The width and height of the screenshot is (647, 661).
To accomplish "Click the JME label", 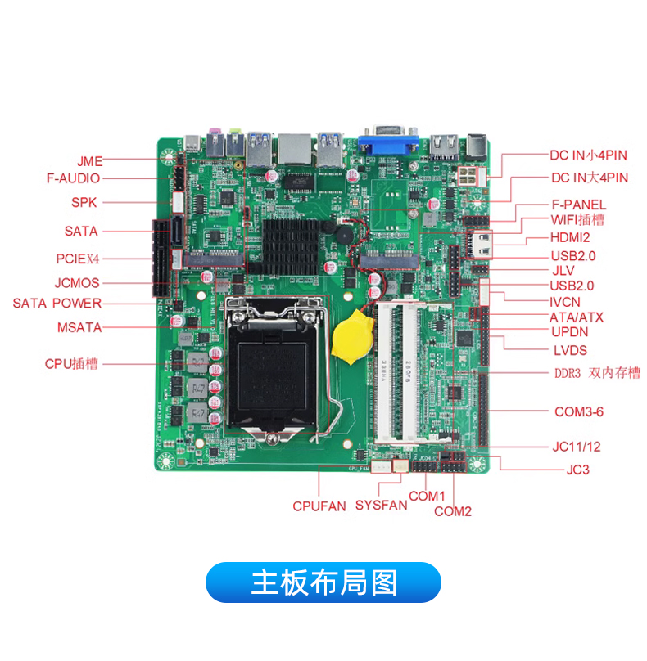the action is pos(89,161).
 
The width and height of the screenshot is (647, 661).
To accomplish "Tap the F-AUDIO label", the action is pos(73,178).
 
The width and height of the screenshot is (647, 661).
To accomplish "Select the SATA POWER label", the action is pos(57,304).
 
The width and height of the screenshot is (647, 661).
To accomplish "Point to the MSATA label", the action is pos(79,327).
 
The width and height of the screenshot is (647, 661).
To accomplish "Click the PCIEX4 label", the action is pos(78,259).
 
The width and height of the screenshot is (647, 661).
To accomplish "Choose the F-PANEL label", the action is pos(579,205).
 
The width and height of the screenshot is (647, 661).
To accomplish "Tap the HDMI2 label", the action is pos(570,237).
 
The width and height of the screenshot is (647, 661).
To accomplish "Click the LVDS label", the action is pos(570,350).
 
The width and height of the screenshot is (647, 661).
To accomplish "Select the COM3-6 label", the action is pos(579,411).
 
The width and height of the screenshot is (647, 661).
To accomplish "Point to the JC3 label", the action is pos(577,470).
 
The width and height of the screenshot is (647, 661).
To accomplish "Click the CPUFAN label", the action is pos(319,506).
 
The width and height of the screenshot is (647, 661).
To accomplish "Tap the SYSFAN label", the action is pos(381,505).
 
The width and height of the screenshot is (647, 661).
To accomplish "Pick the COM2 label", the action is pos(452,511).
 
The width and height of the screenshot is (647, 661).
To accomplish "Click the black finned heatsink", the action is pos(291,247).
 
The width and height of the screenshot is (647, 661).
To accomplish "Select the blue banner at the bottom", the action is pos(323,582).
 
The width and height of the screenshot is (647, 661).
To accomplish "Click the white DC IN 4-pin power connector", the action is pos(467,175).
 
